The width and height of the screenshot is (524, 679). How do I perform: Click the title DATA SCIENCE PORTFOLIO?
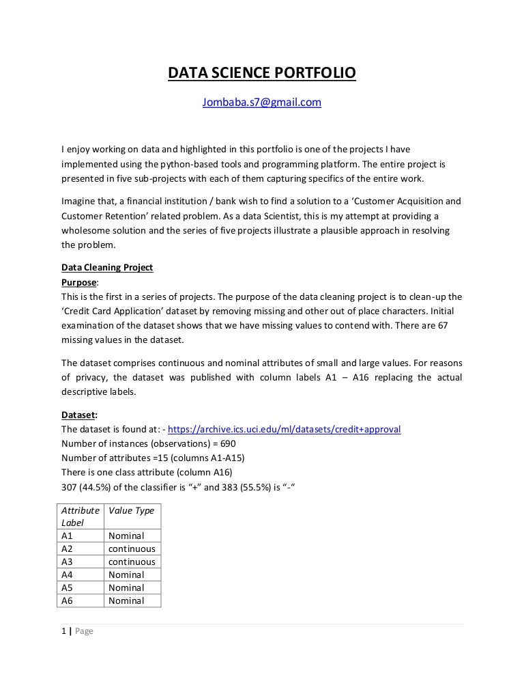click(x=262, y=72)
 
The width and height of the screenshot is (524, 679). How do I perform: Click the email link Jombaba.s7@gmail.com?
click(x=262, y=102)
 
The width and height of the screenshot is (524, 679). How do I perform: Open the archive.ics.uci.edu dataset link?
click(x=284, y=430)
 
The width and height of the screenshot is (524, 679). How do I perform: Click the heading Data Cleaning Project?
click(x=107, y=267)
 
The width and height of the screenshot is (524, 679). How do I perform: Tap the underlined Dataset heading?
click(x=78, y=417)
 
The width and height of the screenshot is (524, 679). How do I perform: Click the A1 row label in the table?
click(x=67, y=536)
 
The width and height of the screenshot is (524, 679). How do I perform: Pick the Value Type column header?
click(x=131, y=510)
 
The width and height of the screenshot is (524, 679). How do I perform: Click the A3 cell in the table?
click(x=67, y=562)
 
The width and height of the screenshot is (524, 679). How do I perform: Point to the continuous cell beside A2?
click(x=132, y=549)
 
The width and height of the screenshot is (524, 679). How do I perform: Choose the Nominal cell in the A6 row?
click(x=126, y=601)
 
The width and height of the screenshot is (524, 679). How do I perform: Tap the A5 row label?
click(x=67, y=588)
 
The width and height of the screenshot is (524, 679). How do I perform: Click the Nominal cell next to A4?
click(x=126, y=575)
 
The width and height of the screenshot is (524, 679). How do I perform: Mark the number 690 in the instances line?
click(x=227, y=443)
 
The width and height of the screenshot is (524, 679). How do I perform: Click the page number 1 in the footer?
click(x=63, y=631)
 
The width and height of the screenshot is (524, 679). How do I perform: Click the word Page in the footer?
click(x=84, y=631)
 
